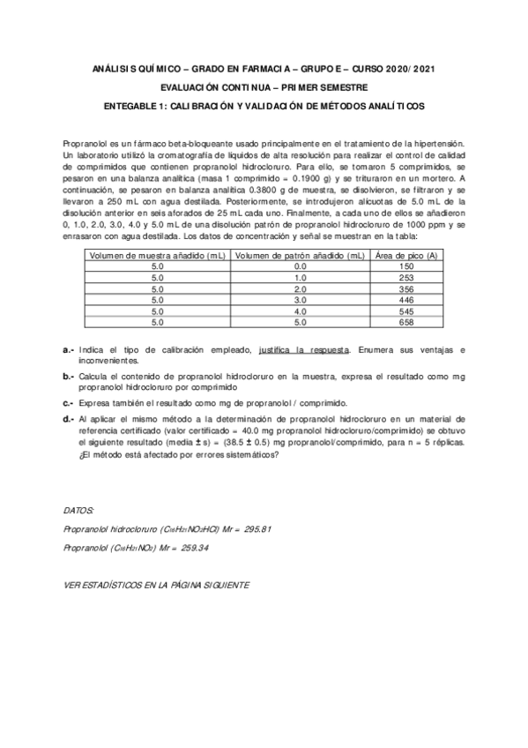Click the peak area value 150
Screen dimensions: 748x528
tap(406, 266)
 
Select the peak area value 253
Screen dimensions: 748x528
tap(406, 277)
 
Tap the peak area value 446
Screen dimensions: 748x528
tap(406, 300)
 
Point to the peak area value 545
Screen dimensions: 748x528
tap(406, 311)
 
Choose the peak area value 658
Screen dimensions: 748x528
tap(406, 323)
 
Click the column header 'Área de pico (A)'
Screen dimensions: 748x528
tap(406, 254)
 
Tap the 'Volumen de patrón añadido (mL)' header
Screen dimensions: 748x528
tap(301, 254)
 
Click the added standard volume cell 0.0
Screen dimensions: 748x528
tap(301, 266)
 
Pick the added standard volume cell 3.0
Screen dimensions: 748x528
tap(301, 300)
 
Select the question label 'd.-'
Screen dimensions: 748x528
tap(69, 420)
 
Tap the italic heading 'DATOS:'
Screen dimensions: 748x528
tap(80, 511)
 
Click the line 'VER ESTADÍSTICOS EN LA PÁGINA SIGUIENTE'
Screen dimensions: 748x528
tap(158, 585)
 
